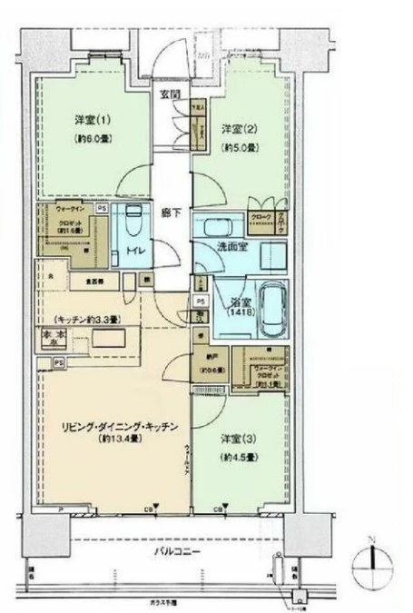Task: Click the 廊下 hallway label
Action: pyautogui.click(x=172, y=212)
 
